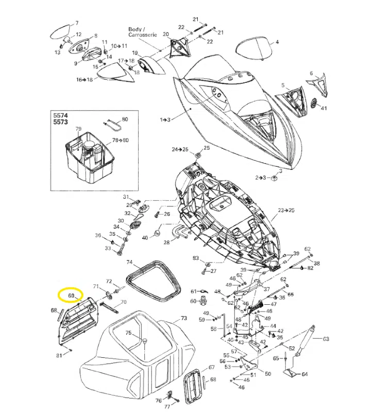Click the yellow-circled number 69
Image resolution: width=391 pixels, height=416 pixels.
pos(71,296)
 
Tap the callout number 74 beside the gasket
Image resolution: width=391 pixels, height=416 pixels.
pos(129,262)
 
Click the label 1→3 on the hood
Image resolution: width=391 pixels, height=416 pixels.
pos(165,119)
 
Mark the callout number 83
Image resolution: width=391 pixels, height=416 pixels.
pos(196,257)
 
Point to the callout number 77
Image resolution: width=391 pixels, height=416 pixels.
pos(166,406)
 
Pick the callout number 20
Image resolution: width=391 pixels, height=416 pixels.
pos(165,34)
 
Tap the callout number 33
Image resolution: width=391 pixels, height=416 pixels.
pos(108,248)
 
